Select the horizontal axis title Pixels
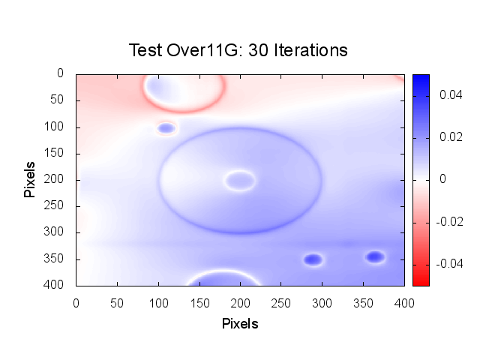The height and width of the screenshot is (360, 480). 240,324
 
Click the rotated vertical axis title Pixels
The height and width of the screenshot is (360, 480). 30,178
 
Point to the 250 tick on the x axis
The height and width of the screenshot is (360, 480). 199,301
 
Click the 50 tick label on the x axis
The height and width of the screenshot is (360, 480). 117,301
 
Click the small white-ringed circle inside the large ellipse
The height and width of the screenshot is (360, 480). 240,180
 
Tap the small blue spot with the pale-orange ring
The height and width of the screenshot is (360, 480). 166,128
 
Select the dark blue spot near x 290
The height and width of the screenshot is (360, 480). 313,259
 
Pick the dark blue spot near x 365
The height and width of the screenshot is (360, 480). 375,257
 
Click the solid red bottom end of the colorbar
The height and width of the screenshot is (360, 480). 421,281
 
